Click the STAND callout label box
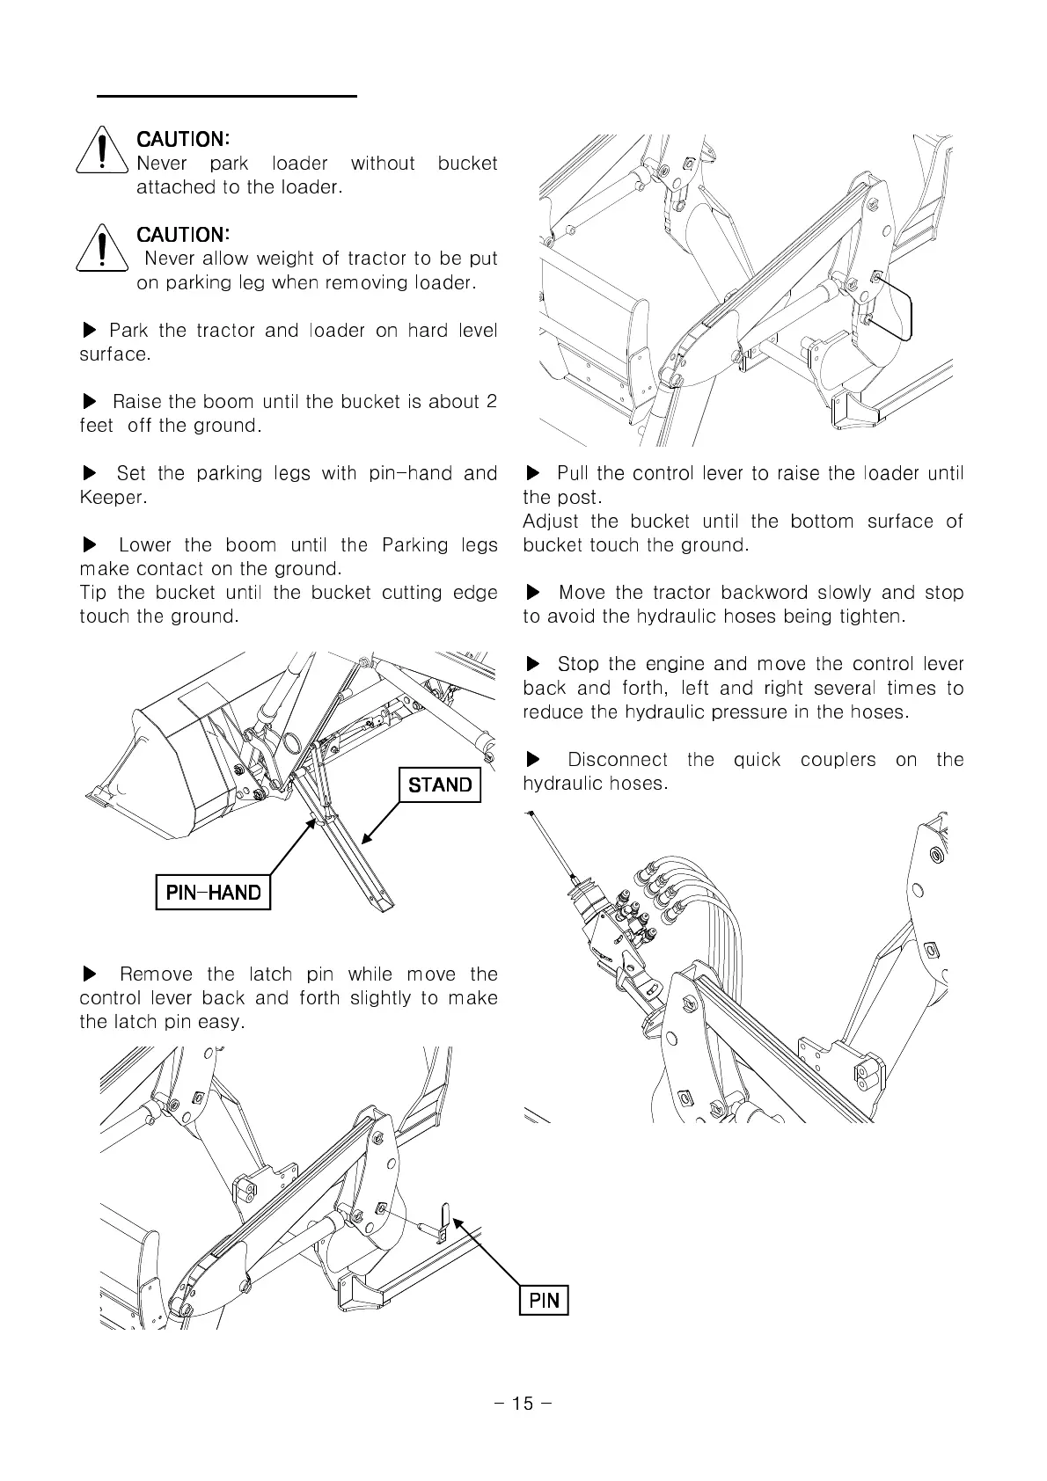point(440,784)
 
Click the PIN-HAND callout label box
point(213,893)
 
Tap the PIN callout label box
point(545,1300)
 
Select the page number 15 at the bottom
point(523,1404)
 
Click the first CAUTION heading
point(183,139)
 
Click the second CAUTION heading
point(183,234)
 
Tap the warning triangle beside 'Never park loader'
point(104,152)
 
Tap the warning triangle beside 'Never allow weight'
point(104,248)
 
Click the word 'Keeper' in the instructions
point(110,498)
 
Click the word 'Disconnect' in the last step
point(617,760)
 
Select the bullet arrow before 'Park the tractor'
point(89,331)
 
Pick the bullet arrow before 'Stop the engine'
point(532,664)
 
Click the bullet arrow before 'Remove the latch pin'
point(89,974)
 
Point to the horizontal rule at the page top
point(227,95)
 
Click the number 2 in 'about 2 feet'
point(491,402)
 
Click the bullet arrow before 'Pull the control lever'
point(532,474)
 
